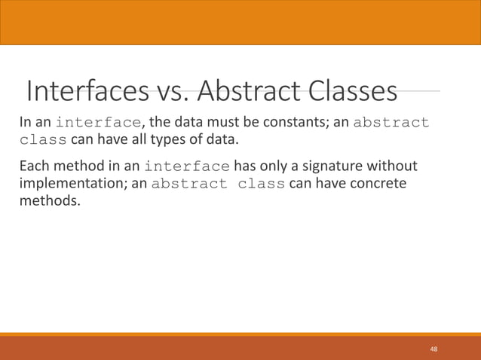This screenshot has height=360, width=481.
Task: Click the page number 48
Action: tap(434, 349)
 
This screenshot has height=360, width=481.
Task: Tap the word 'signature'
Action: tap(338, 166)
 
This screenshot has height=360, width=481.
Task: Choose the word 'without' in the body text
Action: tap(396, 166)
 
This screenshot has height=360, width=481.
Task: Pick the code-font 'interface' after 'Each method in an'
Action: tap(187, 166)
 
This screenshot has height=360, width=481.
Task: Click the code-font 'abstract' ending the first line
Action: tap(391, 123)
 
